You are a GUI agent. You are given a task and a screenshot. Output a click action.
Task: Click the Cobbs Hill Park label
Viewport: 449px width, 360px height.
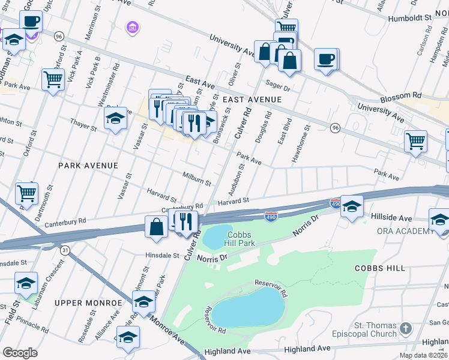(241, 239)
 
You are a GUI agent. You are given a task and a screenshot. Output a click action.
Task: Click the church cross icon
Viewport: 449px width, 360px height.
(406, 328)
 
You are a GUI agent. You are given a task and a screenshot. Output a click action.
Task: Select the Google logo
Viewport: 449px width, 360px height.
(20, 353)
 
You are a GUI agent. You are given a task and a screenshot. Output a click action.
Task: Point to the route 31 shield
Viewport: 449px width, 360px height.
(64, 248)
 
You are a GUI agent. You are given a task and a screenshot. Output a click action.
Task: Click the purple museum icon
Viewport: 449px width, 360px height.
(132, 27)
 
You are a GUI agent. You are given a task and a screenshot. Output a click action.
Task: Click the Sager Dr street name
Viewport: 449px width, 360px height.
(279, 88)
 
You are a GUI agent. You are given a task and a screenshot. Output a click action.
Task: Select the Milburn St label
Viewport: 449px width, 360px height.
(196, 178)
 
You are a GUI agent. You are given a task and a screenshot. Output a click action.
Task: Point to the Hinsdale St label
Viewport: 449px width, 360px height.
(162, 255)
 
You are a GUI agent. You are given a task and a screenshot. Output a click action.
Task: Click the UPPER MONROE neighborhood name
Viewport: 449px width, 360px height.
(88, 304)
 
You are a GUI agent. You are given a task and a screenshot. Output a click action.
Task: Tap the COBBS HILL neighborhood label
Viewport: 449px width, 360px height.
(379, 268)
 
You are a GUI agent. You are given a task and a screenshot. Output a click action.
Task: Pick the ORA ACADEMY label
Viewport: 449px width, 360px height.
(404, 231)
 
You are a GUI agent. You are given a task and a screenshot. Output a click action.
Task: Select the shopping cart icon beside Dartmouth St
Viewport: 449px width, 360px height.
(26, 193)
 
